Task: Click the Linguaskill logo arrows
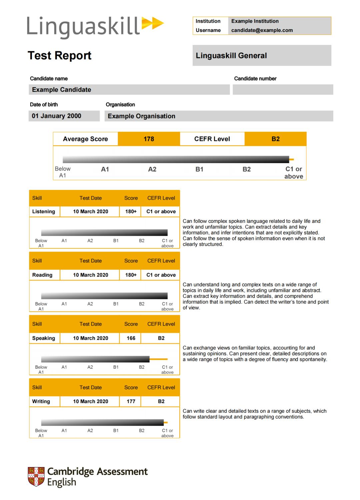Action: click(x=153, y=23)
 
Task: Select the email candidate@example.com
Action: click(x=262, y=30)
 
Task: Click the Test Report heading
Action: click(x=60, y=55)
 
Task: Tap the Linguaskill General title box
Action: click(x=262, y=56)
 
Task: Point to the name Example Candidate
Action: click(x=62, y=90)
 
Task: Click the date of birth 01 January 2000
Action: click(x=57, y=116)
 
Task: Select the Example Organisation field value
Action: click(x=142, y=116)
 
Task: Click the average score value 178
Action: click(x=149, y=139)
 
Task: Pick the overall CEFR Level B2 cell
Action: click(x=275, y=139)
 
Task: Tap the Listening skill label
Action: click(x=44, y=212)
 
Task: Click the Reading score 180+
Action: click(x=131, y=275)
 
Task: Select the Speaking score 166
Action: click(x=131, y=338)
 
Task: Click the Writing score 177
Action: click(x=131, y=401)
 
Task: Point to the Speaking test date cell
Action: click(x=91, y=338)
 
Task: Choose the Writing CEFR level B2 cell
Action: click(x=161, y=401)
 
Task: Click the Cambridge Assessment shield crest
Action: click(x=36, y=476)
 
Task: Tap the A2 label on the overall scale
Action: click(x=152, y=169)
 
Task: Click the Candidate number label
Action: click(x=255, y=79)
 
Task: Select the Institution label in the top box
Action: click(x=208, y=21)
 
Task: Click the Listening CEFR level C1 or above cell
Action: click(x=161, y=212)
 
